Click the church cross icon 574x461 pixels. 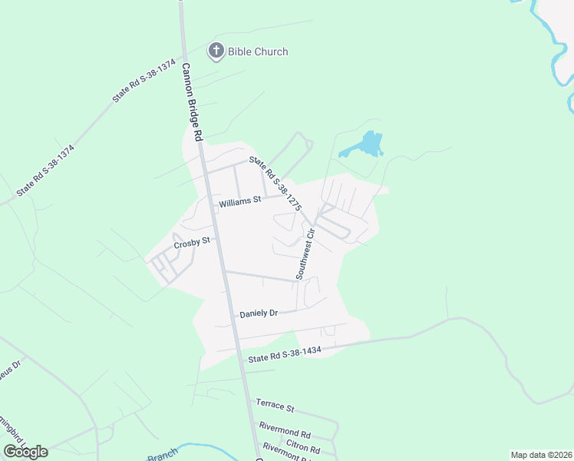[216, 51]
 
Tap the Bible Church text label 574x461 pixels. [259, 51]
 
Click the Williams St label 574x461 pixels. [240, 204]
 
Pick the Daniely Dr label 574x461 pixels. [258, 313]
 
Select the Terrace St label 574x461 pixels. [275, 404]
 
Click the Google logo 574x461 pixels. [25, 452]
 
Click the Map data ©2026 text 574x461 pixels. [541, 455]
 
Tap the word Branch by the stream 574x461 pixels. [162, 456]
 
